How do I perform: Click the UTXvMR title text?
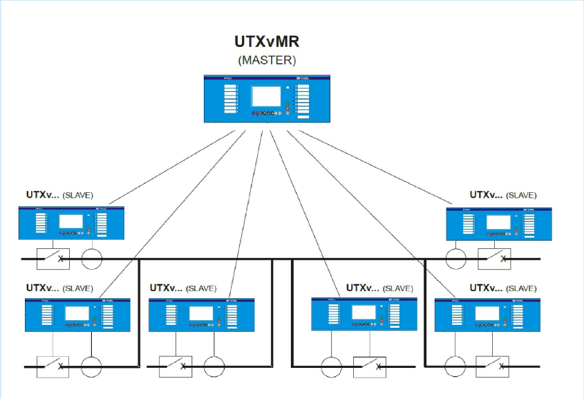click(267, 42)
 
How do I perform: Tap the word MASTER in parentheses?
click(267, 59)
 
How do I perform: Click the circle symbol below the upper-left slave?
click(92, 259)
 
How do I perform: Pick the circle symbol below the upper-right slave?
click(456, 259)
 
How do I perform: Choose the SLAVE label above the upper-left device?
click(77, 196)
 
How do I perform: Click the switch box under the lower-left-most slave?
click(53, 366)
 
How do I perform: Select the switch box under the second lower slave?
click(176, 366)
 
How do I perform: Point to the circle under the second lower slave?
click(214, 366)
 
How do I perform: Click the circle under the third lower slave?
click(331, 366)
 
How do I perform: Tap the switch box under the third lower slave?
click(369, 366)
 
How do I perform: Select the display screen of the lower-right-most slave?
click(486, 313)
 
